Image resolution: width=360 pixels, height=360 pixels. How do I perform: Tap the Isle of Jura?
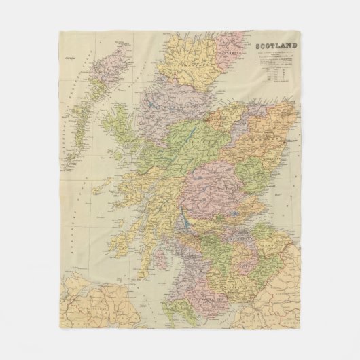[x=133, y=231]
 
